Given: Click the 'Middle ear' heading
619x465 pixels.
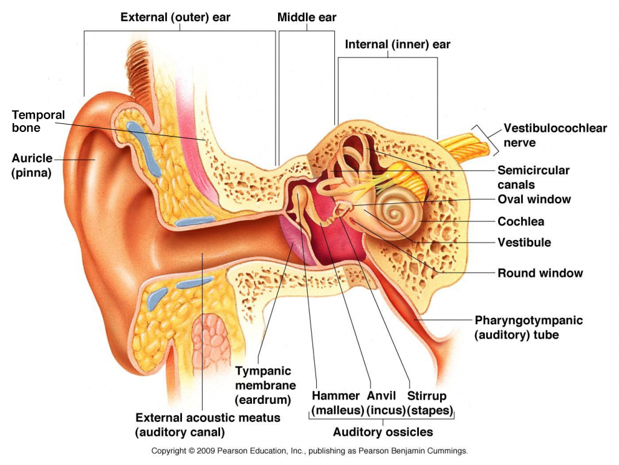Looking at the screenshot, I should click(x=306, y=16).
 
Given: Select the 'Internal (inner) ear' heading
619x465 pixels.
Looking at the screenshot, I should click(x=397, y=44).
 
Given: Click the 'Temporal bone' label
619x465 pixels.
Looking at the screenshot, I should click(x=38, y=121).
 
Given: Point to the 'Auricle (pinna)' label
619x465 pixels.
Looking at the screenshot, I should click(x=31, y=165).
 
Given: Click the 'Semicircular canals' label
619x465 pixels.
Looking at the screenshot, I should click(x=533, y=177).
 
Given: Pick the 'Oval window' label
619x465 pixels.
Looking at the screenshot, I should click(x=534, y=199).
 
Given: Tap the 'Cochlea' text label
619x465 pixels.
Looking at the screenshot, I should click(x=520, y=221).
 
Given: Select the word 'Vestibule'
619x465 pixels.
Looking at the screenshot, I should click(x=524, y=242).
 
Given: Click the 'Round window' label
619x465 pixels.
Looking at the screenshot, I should click(x=540, y=273).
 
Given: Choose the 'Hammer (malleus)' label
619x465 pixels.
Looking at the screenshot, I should click(x=337, y=403).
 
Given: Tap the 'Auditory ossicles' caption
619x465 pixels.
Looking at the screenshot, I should click(x=383, y=432).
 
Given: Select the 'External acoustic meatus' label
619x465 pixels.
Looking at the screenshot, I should click(x=207, y=424).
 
